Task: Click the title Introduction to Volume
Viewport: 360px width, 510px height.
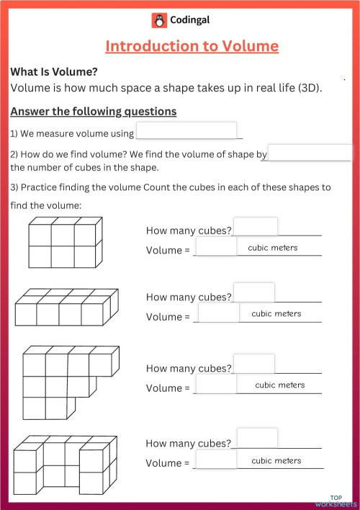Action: click(x=192, y=46)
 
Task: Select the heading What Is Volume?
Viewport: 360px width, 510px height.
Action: click(x=54, y=72)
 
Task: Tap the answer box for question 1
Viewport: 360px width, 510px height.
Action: click(x=186, y=130)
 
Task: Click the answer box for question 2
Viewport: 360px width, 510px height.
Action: click(x=310, y=153)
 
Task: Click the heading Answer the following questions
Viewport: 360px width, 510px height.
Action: click(x=94, y=112)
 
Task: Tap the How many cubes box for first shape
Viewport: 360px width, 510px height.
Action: click(x=256, y=227)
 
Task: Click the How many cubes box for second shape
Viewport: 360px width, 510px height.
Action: click(x=253, y=292)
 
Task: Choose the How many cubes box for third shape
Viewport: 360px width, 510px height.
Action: click(x=253, y=364)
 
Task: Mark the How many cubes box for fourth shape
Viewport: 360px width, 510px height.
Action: click(x=257, y=437)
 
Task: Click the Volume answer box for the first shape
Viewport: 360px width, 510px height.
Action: click(x=216, y=247)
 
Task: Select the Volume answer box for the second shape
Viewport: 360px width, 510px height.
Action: click(x=218, y=313)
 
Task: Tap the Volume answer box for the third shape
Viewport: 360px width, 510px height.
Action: click(x=216, y=384)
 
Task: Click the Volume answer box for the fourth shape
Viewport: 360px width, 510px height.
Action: click(x=216, y=459)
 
